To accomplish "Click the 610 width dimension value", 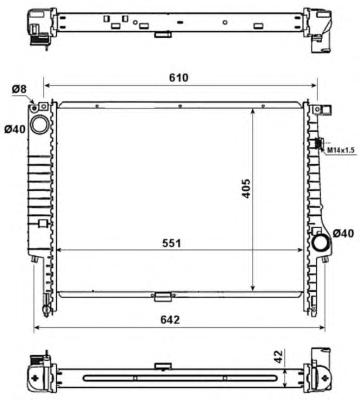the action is pos(178,78).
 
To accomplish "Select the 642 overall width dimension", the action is pos(170,320).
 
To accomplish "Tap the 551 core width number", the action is pos(172,243).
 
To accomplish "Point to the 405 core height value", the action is pos(246,189).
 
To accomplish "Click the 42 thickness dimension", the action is pos(278,356).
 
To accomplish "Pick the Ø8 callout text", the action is pos(19,89).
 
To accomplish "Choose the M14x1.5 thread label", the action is pos(340,151).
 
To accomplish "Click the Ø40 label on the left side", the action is pos(15,129).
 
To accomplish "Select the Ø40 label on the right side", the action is pos(343,233).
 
